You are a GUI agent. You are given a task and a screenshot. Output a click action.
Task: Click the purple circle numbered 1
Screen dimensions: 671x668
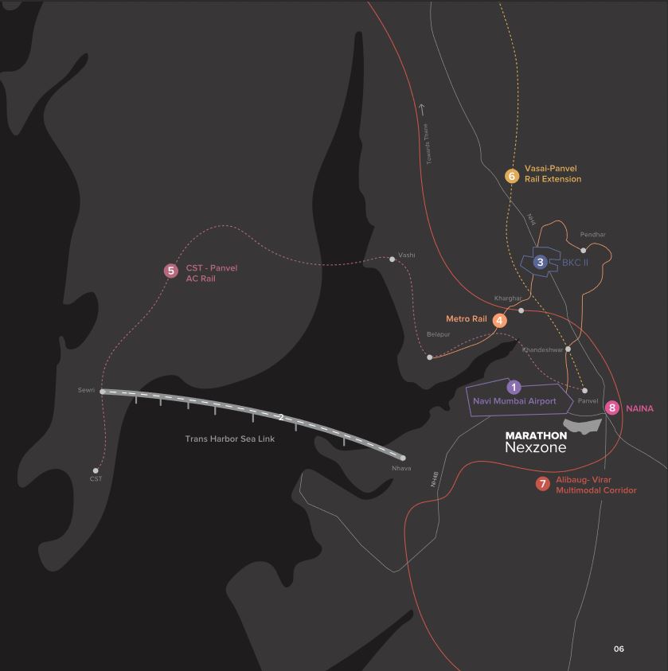click(514, 387)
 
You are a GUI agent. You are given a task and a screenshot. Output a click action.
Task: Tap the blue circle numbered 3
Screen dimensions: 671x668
click(540, 262)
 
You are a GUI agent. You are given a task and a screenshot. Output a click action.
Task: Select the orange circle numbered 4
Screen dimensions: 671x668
click(500, 321)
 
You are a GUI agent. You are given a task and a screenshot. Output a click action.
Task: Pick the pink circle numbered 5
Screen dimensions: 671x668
click(170, 271)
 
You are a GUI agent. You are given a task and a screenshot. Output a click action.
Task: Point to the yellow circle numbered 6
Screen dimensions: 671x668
click(512, 176)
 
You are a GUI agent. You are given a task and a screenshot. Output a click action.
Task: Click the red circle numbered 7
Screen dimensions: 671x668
click(543, 484)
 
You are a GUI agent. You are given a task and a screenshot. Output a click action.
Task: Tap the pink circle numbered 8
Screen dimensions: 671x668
click(611, 408)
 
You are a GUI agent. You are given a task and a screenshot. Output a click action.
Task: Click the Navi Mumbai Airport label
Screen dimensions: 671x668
click(514, 401)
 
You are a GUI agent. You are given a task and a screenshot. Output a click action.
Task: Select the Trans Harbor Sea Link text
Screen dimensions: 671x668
click(230, 439)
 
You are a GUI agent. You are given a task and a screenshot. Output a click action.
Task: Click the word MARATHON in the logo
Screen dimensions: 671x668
click(536, 435)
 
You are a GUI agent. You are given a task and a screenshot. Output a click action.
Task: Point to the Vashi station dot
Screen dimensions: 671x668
click(392, 259)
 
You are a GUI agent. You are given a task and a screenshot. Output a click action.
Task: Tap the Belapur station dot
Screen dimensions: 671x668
click(430, 357)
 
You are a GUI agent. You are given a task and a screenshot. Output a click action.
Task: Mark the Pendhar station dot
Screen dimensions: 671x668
click(583, 250)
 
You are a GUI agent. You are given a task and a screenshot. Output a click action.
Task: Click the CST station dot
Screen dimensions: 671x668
click(96, 470)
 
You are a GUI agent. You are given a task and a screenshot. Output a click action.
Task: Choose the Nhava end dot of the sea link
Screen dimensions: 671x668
click(403, 458)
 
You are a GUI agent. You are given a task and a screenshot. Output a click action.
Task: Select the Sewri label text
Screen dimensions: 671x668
click(86, 390)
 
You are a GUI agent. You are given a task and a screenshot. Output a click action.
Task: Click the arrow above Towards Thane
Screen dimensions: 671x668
click(422, 109)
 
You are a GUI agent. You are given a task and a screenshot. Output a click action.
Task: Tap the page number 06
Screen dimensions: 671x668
click(619, 649)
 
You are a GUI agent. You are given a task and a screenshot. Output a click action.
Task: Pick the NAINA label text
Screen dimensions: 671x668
click(639, 408)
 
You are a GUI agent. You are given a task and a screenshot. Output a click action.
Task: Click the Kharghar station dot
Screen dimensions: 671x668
click(521, 310)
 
